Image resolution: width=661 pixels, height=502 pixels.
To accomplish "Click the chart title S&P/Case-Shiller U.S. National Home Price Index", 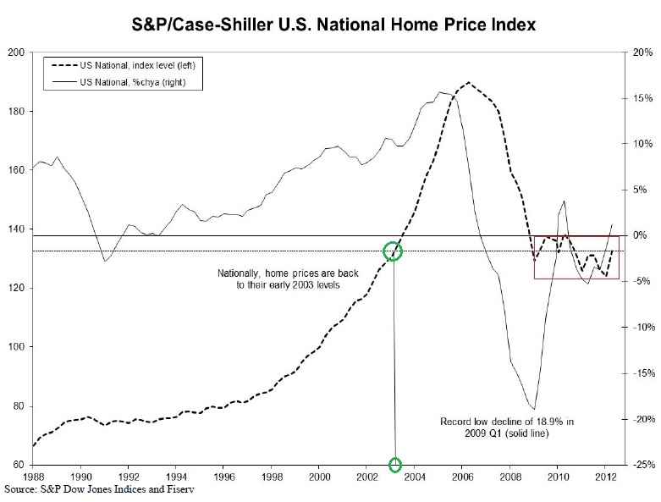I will pos(331,25).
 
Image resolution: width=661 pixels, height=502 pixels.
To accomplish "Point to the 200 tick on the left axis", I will pos(16,52).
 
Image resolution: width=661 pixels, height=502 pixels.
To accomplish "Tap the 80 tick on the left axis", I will pos(19,406).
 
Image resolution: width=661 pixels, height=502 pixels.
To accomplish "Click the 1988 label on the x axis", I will pos(33,477).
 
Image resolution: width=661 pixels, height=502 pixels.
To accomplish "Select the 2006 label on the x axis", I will pos(461,477).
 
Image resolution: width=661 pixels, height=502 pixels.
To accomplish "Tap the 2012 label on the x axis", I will pos(604,477).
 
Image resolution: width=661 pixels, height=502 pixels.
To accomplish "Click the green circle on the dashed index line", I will pos(393,251).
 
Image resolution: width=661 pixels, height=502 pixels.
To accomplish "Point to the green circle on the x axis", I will pos(395,465).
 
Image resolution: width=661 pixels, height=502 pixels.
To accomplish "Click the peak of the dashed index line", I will pos(469,83).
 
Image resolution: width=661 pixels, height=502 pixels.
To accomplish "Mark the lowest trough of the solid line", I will pos(534,409).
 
